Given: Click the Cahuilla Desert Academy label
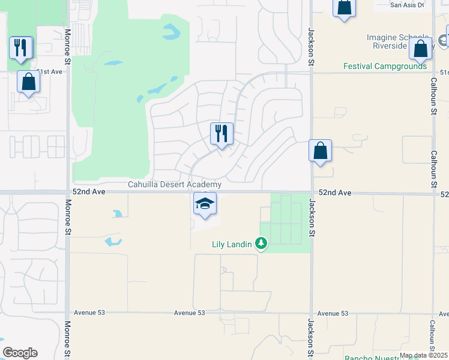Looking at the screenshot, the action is point(175,185).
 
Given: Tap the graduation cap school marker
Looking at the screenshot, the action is point(205,205).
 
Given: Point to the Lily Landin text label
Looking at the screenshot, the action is point(231,244).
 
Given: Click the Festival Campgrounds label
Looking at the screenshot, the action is point(385,67).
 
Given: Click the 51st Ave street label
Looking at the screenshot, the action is point(49,71).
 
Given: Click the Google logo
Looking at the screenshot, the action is point(20,353).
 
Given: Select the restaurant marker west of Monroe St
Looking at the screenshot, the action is point(21,48).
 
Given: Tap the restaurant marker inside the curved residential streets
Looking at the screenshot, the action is point(221,134).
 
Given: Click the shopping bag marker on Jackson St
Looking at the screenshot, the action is point(321,151).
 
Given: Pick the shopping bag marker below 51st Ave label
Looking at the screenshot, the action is point(29,82).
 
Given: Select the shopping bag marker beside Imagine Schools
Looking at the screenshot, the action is point(421,49).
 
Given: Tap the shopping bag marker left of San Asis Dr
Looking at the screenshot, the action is point(344,8).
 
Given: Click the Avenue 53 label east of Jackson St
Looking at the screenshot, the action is point(333,313).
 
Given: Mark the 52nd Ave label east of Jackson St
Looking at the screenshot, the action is point(334,193).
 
